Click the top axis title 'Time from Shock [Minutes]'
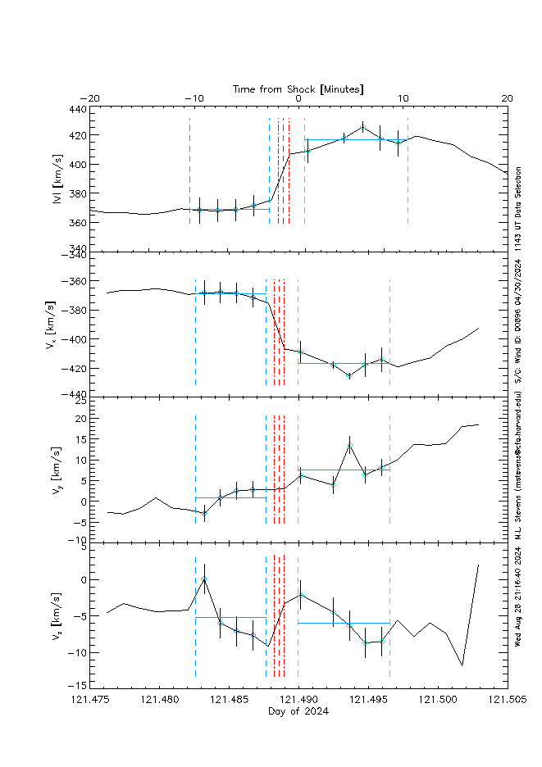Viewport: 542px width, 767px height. (298, 88)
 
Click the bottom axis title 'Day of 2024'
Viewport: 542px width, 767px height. (298, 711)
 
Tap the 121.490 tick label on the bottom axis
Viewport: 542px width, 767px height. (298, 700)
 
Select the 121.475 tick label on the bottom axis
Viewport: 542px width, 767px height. (90, 700)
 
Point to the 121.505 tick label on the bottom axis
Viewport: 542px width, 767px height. (507, 700)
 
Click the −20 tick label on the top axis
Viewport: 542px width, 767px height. (90, 99)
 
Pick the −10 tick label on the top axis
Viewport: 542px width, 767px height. (194, 99)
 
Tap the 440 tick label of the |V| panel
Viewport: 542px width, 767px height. (77, 109)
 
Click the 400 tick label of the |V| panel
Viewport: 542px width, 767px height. (77, 165)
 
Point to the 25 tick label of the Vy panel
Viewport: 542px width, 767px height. (80, 401)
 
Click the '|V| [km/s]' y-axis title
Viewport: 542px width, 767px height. (57, 179)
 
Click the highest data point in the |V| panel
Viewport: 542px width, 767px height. (362, 127)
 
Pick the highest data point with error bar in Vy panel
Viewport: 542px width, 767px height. (349, 446)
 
